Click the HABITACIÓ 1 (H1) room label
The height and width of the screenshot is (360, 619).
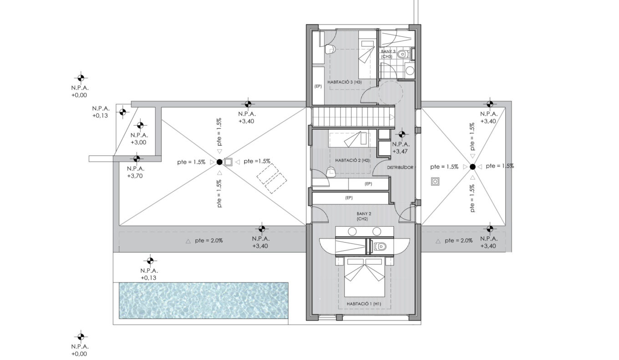pos(364,304)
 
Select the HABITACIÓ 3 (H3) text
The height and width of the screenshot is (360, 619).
pos(344,82)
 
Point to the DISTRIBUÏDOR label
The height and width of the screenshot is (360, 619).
pos(400,167)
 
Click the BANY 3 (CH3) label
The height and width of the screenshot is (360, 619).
pos(388,54)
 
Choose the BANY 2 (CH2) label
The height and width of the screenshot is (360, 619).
pos(364,216)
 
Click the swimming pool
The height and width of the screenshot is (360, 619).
pos(203,300)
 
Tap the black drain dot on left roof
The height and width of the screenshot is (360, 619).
pos(219,162)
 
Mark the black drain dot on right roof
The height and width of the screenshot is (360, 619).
pos(472,167)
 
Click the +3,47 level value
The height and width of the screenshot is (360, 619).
pos(400,152)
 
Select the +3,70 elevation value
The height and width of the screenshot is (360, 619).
pos(135,176)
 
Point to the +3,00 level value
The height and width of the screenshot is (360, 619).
pos(138,142)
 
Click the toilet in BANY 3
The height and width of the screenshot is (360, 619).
pos(403,54)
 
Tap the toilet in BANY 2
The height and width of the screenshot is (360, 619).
pos(380,246)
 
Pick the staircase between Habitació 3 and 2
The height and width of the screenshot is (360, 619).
pos(353,117)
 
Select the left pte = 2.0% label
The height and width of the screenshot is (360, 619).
pos(208,241)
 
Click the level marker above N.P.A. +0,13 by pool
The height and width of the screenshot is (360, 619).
pos(150,260)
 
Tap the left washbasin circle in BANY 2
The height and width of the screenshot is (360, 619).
pos(352,232)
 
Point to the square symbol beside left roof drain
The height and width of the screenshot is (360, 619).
pos(228,162)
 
